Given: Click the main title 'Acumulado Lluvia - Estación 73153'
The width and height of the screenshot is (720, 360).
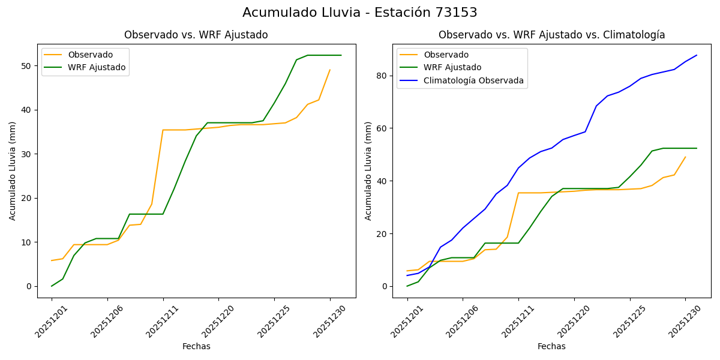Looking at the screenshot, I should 360,13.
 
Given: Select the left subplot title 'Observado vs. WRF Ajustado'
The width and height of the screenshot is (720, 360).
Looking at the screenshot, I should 196,35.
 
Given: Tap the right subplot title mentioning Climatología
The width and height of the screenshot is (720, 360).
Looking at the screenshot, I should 551,35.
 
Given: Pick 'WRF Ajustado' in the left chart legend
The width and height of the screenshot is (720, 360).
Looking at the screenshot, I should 97,67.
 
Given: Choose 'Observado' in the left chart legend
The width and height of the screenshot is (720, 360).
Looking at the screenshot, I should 91,55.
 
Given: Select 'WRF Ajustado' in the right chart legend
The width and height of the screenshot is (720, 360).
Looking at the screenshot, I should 452,67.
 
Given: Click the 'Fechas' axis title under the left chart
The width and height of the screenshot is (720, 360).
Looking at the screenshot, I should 196,346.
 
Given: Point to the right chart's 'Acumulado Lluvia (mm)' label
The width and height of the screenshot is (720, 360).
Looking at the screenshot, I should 368,171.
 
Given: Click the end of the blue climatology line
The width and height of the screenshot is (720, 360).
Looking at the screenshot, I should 697,55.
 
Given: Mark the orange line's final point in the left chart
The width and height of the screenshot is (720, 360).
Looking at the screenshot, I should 330,70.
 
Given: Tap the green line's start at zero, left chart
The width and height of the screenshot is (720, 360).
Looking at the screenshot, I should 52,286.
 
